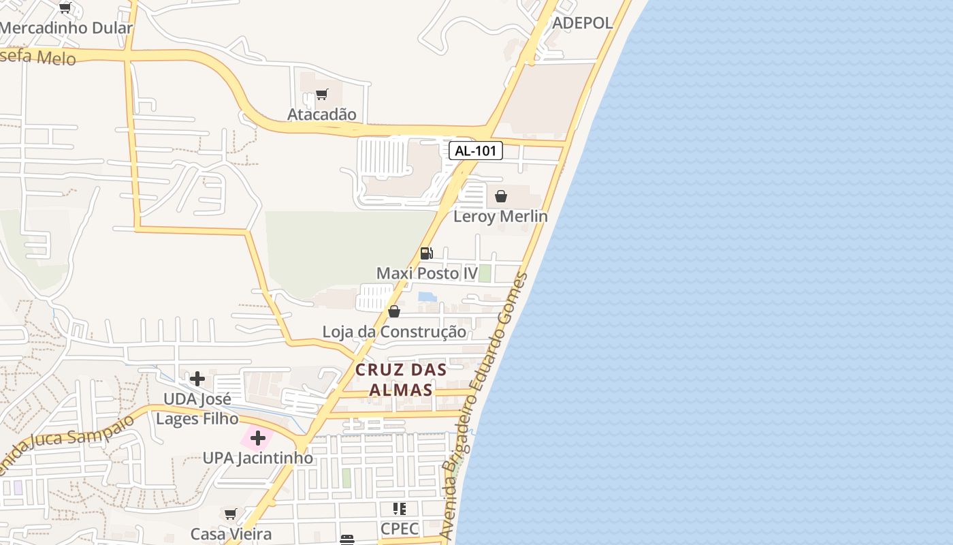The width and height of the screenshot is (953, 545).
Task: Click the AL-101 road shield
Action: pyautogui.click(x=475, y=151)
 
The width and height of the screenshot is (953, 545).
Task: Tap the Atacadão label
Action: pyautogui.click(x=321, y=114)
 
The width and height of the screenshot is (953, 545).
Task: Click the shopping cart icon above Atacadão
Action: pyautogui.click(x=321, y=94)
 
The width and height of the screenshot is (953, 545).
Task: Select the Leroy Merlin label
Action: pyautogui.click(x=500, y=216)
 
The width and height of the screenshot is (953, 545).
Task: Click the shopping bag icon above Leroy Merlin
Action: pyautogui.click(x=501, y=196)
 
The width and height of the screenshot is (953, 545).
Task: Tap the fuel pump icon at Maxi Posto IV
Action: pyautogui.click(x=426, y=253)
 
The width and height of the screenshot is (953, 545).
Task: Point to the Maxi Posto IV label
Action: pyautogui.click(x=427, y=273)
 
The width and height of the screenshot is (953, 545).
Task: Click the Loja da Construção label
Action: pyautogui.click(x=394, y=332)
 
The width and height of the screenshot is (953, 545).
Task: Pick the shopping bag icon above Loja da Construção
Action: pyautogui.click(x=393, y=311)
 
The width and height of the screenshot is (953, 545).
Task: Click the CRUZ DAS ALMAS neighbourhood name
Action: pyautogui.click(x=401, y=379)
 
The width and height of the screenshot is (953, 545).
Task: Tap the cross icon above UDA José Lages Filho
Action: pyautogui.click(x=197, y=378)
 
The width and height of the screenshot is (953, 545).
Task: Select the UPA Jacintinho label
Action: pyautogui.click(x=258, y=458)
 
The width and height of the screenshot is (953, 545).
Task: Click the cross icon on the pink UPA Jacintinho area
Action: pyautogui.click(x=257, y=437)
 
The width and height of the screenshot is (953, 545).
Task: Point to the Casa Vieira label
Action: pyautogui.click(x=231, y=533)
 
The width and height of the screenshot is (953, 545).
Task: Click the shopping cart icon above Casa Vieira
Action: pyautogui.click(x=230, y=513)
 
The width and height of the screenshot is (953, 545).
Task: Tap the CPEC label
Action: pyautogui.click(x=400, y=529)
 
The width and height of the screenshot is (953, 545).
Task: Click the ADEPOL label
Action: pyautogui.click(x=582, y=22)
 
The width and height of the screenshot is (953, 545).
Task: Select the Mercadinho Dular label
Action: pyautogui.click(x=66, y=28)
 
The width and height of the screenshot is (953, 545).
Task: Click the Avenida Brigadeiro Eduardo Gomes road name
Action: pyautogui.click(x=484, y=409)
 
